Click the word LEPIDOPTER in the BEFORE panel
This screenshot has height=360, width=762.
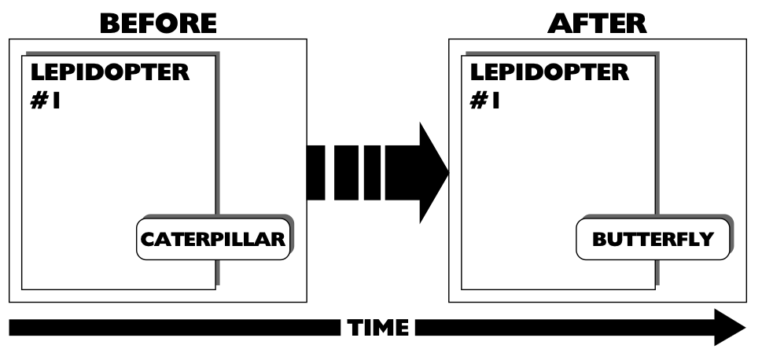point(109,73)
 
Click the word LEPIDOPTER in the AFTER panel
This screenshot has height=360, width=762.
point(550,73)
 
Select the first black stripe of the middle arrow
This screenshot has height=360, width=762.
point(317,172)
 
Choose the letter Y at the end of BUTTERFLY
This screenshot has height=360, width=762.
point(706,240)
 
